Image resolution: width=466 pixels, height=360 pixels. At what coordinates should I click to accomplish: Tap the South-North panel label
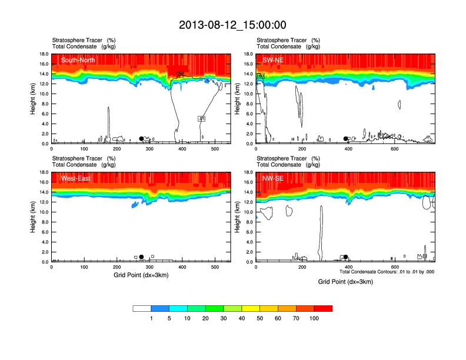(x=78, y=60)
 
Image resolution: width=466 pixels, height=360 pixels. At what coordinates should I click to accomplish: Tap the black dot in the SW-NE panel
(x=346, y=139)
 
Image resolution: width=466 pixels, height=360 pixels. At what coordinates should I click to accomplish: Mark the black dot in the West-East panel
(x=141, y=257)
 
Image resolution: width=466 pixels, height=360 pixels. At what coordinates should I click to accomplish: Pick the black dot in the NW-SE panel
(x=346, y=257)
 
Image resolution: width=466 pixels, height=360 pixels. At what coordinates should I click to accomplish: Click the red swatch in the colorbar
(x=323, y=308)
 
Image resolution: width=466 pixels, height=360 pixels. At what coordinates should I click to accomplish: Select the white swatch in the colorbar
(x=142, y=308)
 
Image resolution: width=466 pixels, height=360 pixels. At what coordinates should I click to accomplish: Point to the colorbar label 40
(x=242, y=318)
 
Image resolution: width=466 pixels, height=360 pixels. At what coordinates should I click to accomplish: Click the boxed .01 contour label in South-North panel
(x=202, y=119)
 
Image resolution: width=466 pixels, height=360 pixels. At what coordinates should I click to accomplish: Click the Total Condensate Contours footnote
(x=387, y=272)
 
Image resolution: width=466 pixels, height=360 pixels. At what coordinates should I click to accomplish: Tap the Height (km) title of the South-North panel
(x=32, y=99)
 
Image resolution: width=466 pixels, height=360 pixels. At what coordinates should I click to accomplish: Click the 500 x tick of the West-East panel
(x=215, y=267)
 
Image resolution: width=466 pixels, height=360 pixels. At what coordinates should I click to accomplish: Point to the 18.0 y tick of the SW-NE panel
(x=248, y=54)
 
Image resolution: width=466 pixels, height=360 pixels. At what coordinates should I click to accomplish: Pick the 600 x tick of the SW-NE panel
(x=394, y=149)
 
